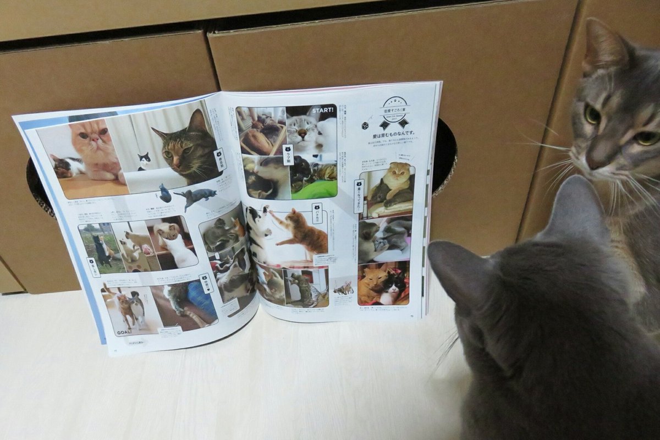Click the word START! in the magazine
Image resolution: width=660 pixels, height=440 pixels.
coord(322,110)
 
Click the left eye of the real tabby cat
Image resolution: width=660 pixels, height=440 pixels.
coord(592,115)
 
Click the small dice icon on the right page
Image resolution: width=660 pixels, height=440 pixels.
coord(365,125)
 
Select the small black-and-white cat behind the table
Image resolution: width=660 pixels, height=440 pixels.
coord(144,161)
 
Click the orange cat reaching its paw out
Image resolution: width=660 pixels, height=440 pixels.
coord(301,231)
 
